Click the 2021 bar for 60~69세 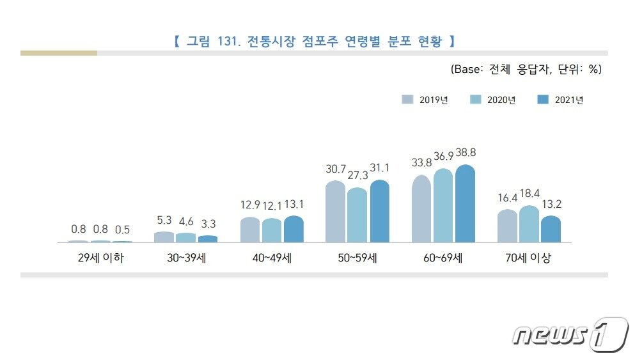pos(465,204)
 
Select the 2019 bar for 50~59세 pos(335,212)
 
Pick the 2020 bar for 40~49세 pos(271,230)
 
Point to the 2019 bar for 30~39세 pos(164,237)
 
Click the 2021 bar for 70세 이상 pos(550,229)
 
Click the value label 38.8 pos(464,153)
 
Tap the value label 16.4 pos(508,198)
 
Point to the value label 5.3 pos(164,220)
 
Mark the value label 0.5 pos(122,229)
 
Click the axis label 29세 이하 pos(100,259)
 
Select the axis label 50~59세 pos(357,259)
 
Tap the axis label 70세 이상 pos(528,259)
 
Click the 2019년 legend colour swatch pos(407,99)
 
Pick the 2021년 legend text pos(568,100)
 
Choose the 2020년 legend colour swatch pos(475,99)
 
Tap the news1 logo pos(569,333)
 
